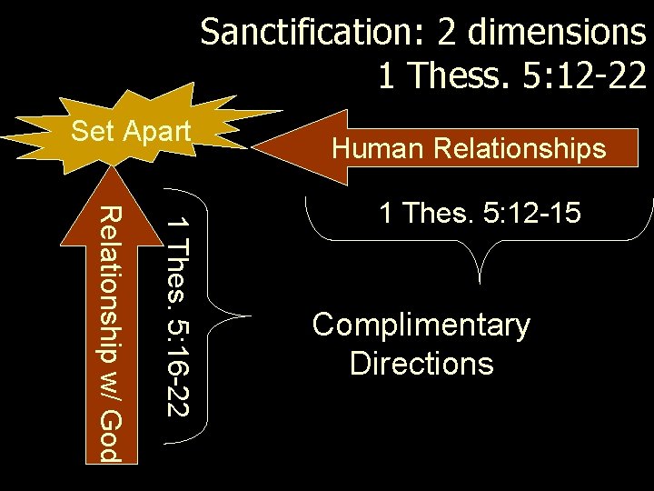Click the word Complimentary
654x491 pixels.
(421, 325)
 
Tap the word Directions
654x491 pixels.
(421, 363)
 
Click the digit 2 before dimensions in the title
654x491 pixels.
(446, 33)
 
